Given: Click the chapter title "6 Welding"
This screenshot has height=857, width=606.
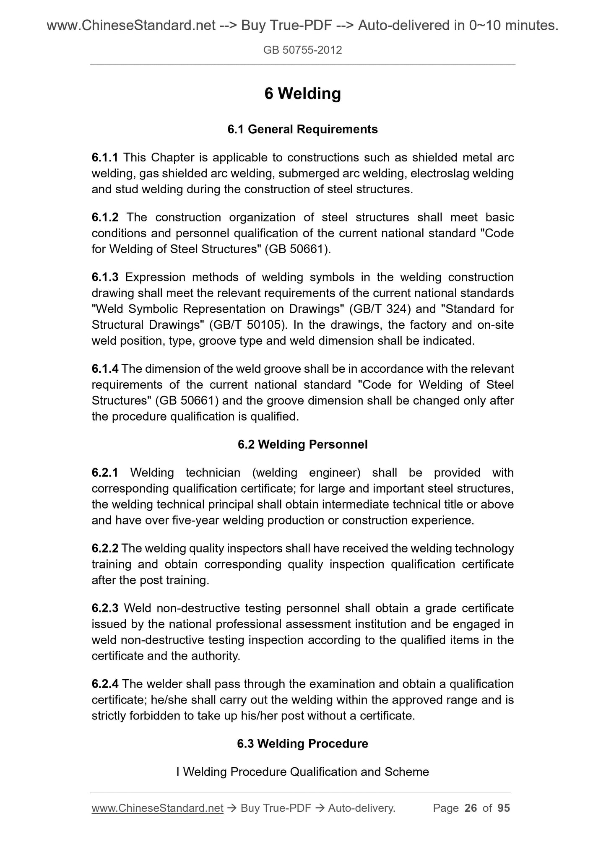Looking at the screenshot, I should pos(302,93).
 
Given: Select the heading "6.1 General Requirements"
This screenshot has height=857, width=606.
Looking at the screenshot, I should pos(302,129).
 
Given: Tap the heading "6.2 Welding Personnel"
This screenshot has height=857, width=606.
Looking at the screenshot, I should pos(302,444).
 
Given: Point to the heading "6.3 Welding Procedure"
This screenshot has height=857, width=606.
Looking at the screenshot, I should pos(302,744).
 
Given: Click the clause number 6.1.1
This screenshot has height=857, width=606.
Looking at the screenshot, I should pos(105,158).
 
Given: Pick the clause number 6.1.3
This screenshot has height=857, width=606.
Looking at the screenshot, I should pos(105,277).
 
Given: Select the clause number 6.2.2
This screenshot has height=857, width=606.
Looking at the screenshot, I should pos(105,548).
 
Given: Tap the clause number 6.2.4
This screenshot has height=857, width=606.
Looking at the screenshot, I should pos(105,684).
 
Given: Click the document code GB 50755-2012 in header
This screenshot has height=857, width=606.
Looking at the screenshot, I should pos(302,50).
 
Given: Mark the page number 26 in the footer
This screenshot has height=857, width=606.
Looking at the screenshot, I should pos(471,808).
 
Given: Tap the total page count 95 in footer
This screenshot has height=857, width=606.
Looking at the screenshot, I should pos(503,808).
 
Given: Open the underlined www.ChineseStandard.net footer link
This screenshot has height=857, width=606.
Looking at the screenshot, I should pos(157,808).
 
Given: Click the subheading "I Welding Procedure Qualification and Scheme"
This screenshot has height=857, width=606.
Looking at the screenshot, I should pos(302,772).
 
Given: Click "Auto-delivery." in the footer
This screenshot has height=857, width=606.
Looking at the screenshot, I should pos(362,808).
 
